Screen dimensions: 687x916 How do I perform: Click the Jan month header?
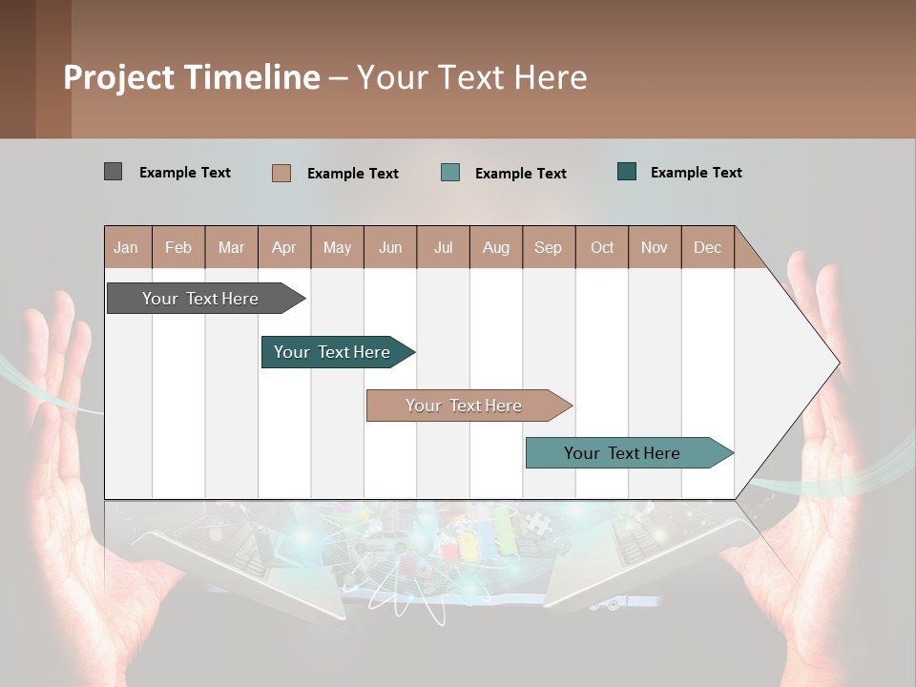pos(126,247)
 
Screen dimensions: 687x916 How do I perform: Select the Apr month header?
pos(284,247)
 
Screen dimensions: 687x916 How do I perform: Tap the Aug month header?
pos(496,247)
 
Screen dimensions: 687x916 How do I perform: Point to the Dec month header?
pos(707,247)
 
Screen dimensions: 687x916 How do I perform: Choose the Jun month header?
pos(390,247)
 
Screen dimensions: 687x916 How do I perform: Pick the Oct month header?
pos(602,247)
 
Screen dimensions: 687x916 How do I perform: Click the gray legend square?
pos(113,172)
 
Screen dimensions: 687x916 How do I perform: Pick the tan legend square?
pos(281,173)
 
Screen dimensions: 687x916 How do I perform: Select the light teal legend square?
pos(450,173)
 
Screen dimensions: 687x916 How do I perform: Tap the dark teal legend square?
pos(627,172)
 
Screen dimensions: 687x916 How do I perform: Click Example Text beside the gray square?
pos(185,173)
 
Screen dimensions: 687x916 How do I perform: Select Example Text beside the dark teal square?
pos(697,173)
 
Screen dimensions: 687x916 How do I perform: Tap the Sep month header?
pos(548,247)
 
